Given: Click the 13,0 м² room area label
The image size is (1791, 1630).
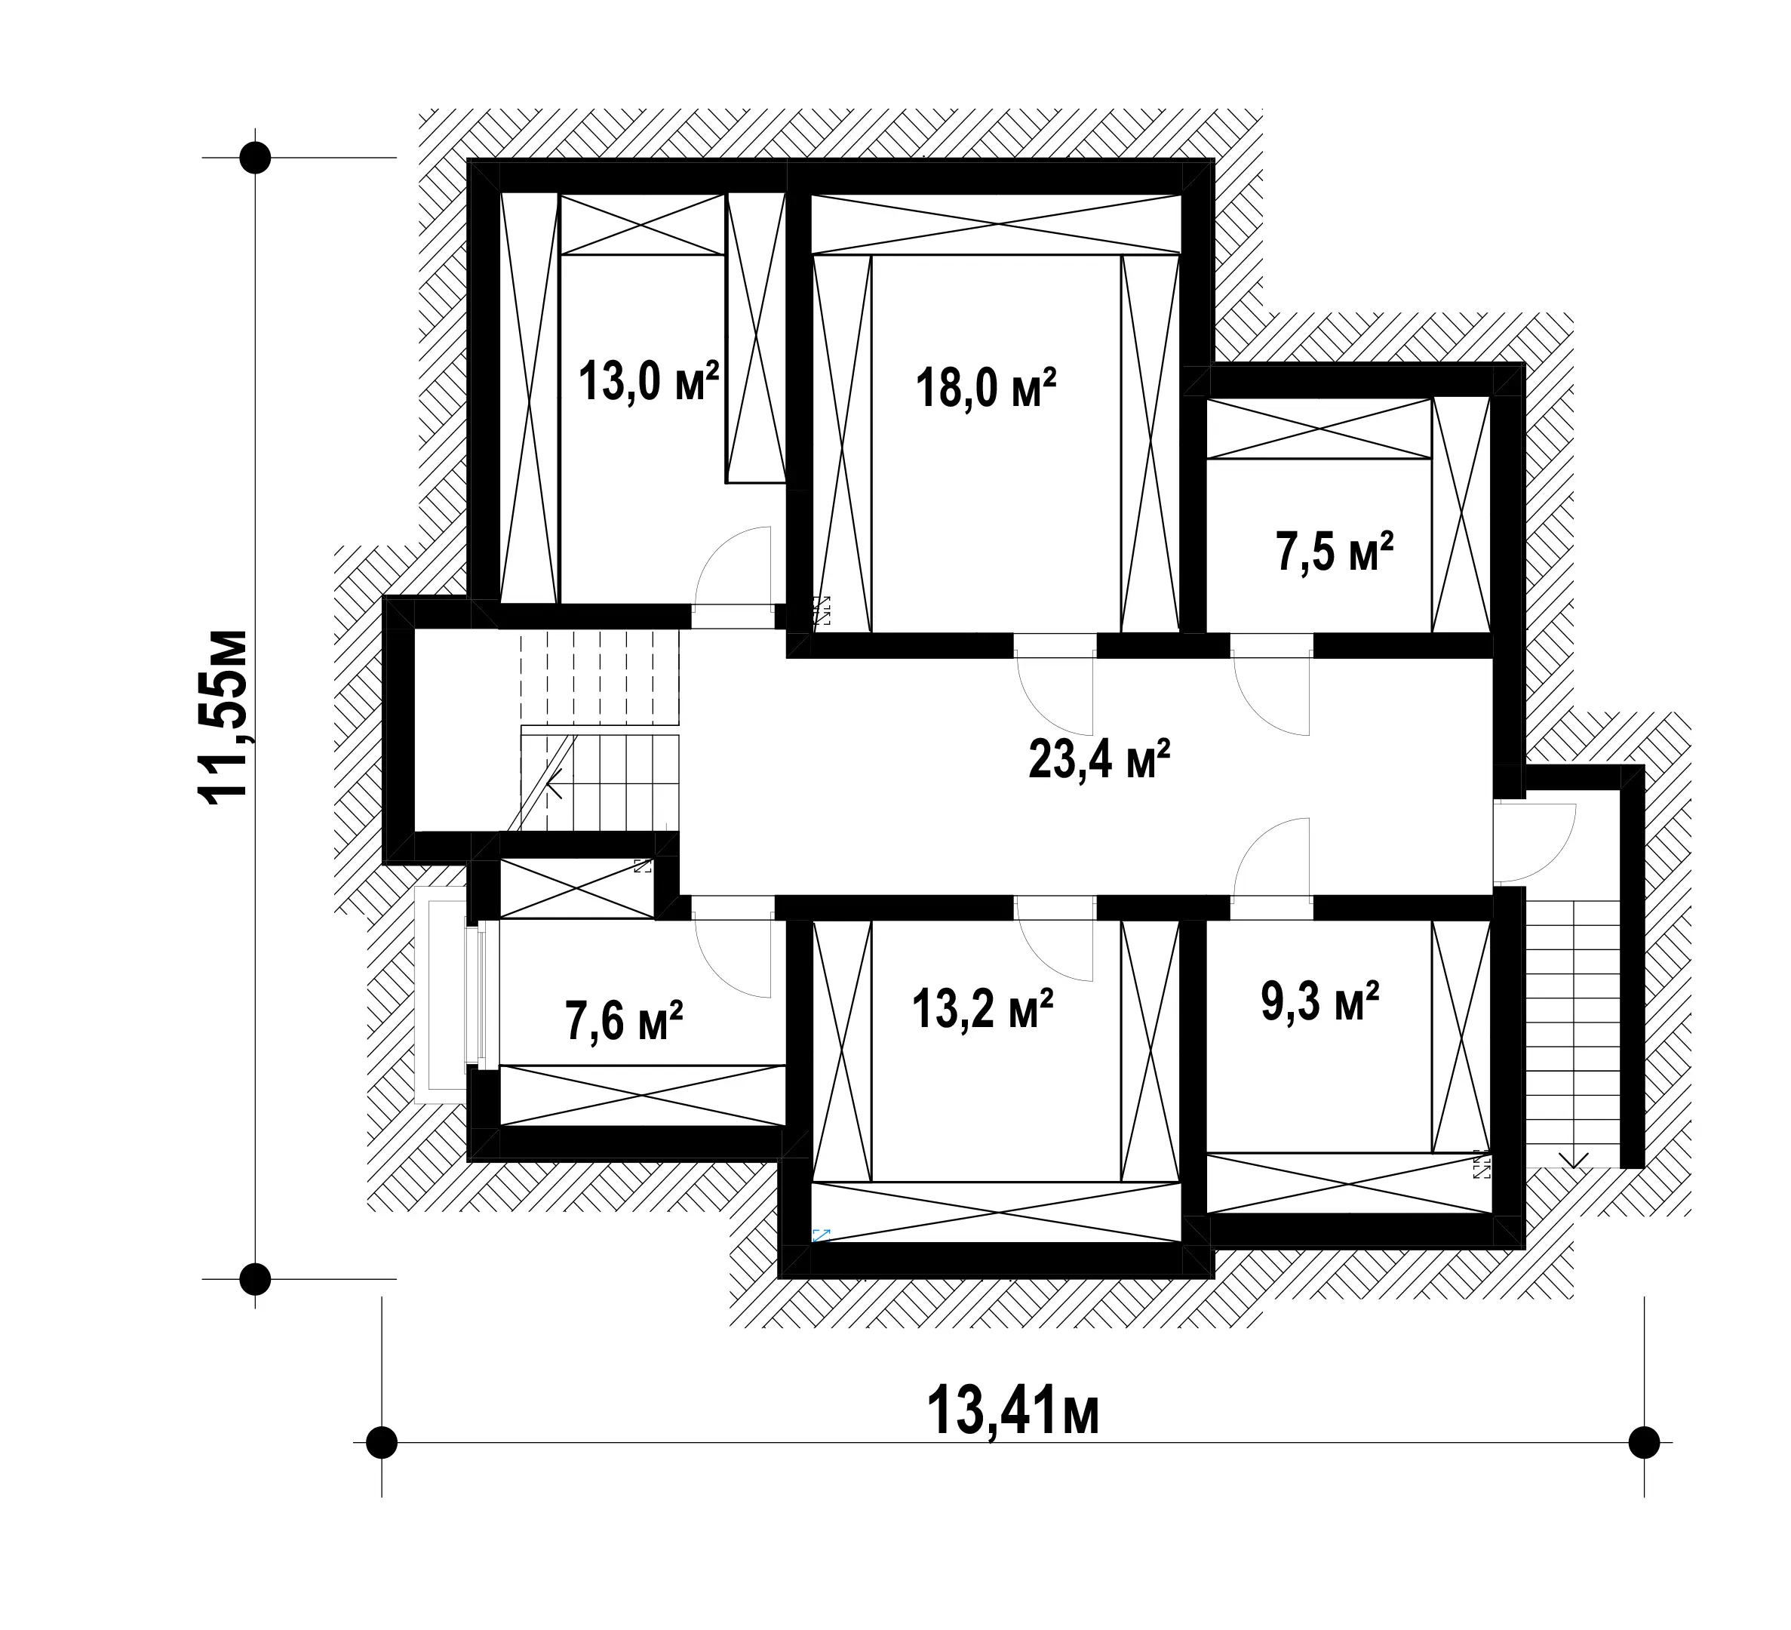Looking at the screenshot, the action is tap(649, 382).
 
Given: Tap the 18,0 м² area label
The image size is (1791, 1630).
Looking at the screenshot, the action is tap(987, 389).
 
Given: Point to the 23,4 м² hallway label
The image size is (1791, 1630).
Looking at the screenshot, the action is tap(1099, 760).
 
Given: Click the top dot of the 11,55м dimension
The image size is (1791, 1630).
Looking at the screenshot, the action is tap(256, 157).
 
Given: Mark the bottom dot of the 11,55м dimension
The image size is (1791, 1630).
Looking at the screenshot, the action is tap(256, 1279).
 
